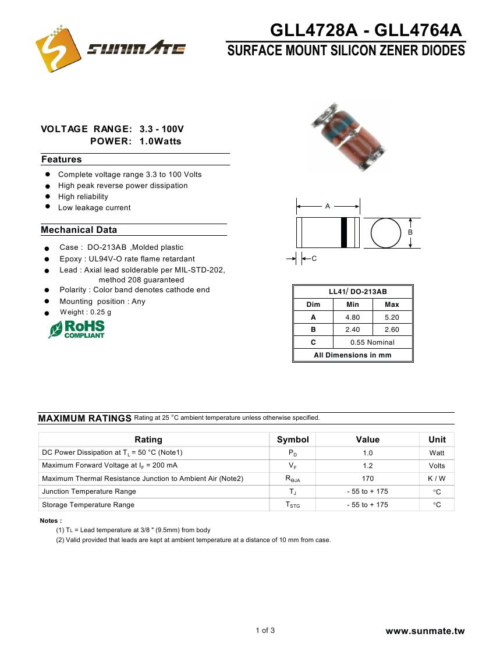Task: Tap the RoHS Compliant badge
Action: coord(77,330)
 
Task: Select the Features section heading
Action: coord(62,160)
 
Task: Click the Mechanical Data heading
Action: coord(79,230)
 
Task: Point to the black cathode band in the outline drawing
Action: coord(344,233)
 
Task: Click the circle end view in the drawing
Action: coord(386,233)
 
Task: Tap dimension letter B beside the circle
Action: coord(410,232)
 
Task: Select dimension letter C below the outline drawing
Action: coord(314,259)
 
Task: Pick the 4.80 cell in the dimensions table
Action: coord(353,317)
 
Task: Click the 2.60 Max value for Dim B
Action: coord(392,330)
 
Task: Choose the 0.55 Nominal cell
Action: coord(372,342)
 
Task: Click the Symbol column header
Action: coord(293,440)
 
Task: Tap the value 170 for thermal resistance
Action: coord(367,479)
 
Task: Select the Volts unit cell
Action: coord(437,466)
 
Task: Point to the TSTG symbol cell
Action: coord(293,505)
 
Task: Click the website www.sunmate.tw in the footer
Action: coord(425,631)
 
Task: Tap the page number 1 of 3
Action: coord(265,631)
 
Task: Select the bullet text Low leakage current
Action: coord(94,208)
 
